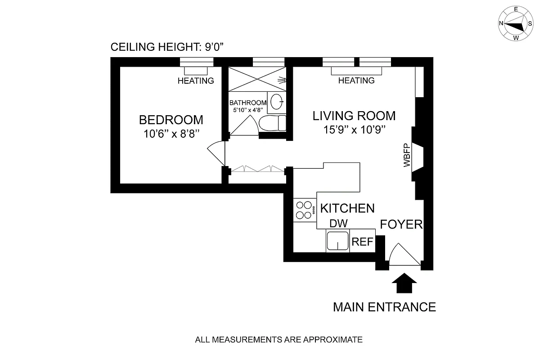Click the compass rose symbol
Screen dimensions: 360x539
click(513, 23)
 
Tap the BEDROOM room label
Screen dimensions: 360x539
click(171, 120)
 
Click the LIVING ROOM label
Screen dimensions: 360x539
click(354, 116)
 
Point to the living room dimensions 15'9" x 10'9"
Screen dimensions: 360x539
click(355, 130)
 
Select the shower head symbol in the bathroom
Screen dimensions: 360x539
click(282, 81)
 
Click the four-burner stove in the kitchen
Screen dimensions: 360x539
click(305, 210)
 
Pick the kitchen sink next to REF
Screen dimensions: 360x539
click(338, 241)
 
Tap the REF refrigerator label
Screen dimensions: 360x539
click(363, 242)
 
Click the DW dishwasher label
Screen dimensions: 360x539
click(339, 224)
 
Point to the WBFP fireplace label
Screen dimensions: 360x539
click(407, 156)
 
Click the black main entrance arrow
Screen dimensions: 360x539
click(404, 284)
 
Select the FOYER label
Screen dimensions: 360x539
click(401, 224)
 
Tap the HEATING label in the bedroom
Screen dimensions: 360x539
click(196, 81)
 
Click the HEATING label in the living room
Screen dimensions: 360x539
click(356, 81)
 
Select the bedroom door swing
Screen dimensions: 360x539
click(216, 153)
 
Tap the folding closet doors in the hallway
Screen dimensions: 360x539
click(258, 169)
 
